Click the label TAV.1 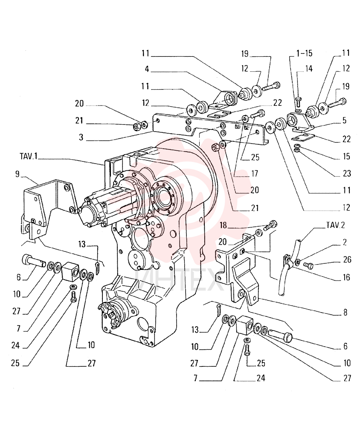pos(28,156)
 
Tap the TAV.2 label pos(336,225)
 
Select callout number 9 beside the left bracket pos(17,174)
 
